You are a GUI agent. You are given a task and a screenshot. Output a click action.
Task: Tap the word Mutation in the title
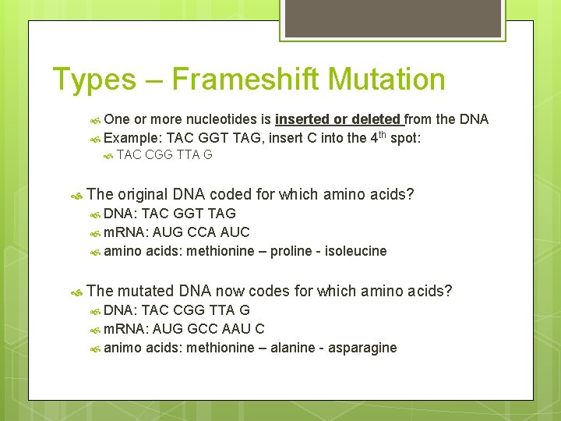386,80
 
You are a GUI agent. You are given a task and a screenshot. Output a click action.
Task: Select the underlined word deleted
376,119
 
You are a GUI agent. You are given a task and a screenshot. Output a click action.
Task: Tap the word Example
132,137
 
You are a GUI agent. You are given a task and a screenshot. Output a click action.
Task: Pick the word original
143,194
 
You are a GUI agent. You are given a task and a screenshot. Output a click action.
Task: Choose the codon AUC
235,232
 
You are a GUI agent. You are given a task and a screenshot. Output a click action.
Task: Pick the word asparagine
365,348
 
